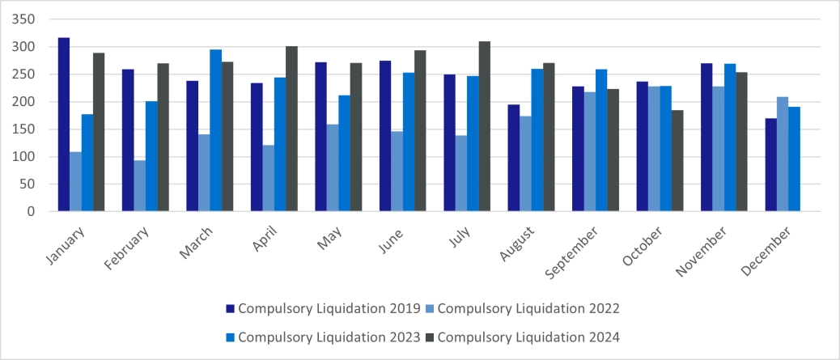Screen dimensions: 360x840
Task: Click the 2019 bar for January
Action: point(64,125)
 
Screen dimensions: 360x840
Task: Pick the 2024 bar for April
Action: point(292,129)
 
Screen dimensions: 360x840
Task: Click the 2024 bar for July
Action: point(485,126)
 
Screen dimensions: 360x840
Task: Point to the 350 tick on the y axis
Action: point(24,19)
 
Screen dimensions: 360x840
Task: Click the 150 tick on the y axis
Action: point(24,129)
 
